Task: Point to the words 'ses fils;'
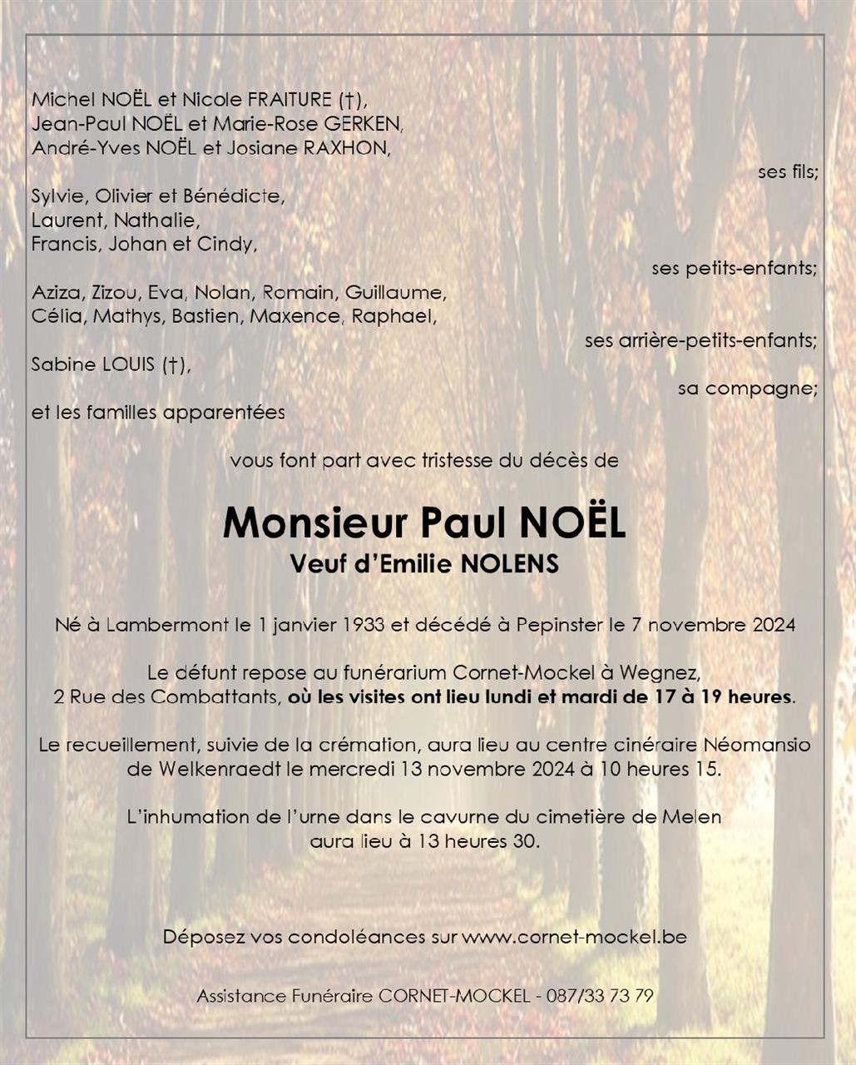click(x=788, y=172)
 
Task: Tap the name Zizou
click(x=115, y=293)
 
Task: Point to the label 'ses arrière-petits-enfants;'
click(x=700, y=340)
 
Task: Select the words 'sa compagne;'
click(x=747, y=389)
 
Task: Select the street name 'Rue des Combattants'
click(x=176, y=697)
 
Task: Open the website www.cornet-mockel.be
click(x=574, y=936)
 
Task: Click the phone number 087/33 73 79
click(x=599, y=996)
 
